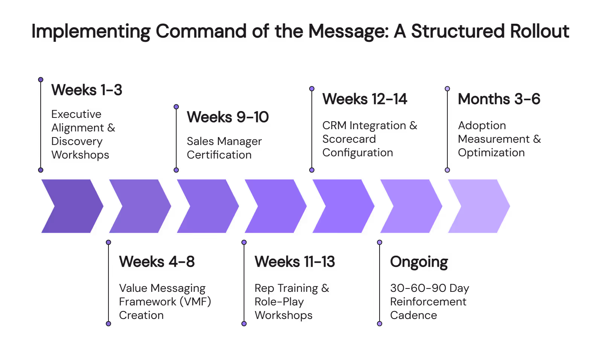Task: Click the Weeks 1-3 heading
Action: [x=87, y=90]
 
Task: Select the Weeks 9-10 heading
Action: [x=227, y=117]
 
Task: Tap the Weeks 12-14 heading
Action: [x=365, y=99]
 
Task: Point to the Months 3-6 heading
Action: [x=499, y=99]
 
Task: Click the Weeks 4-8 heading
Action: [x=157, y=262]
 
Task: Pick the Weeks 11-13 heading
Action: [x=294, y=262]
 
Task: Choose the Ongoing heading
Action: [x=419, y=262]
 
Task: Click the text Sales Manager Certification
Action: [x=224, y=148]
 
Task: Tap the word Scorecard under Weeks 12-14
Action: [x=349, y=139]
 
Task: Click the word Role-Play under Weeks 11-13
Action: [x=279, y=302]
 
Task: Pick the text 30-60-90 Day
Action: [x=429, y=288]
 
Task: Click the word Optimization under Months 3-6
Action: [x=491, y=153]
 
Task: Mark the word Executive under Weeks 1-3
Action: [x=76, y=114]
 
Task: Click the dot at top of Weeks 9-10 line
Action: [x=176, y=107]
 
